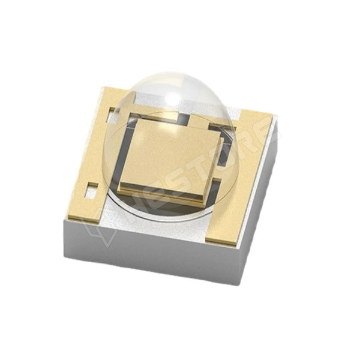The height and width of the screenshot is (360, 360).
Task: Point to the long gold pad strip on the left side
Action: click(x=90, y=156)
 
